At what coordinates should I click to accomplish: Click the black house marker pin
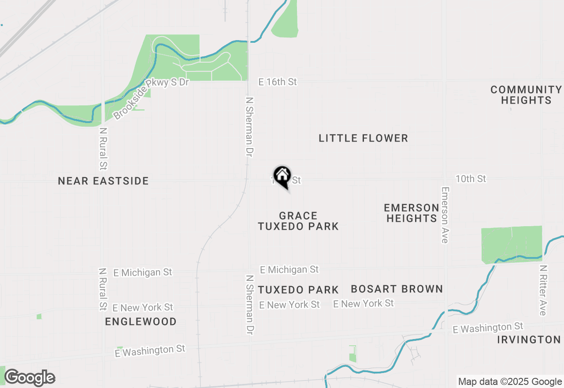(x=282, y=176)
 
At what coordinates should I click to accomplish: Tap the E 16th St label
(x=278, y=82)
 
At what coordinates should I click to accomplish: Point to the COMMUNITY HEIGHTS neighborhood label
(x=526, y=95)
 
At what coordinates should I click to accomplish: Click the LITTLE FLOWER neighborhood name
(x=363, y=138)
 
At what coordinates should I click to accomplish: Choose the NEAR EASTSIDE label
(x=103, y=181)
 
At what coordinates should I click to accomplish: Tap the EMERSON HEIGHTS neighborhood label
(x=411, y=213)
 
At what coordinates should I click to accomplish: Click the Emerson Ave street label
(x=445, y=215)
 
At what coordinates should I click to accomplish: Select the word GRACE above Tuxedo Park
(x=298, y=216)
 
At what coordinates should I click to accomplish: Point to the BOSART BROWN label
(x=397, y=289)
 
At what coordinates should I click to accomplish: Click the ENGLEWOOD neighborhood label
(x=141, y=322)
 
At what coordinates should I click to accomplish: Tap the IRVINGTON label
(x=529, y=340)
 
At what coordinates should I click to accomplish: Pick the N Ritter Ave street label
(x=543, y=290)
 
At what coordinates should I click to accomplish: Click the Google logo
(x=30, y=377)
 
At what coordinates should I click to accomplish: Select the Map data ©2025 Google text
(x=510, y=382)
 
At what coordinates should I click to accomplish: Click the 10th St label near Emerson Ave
(x=471, y=179)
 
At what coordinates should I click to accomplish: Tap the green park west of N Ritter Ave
(x=511, y=243)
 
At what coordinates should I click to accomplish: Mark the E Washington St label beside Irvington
(x=488, y=328)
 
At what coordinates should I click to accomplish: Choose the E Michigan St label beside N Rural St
(x=142, y=272)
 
